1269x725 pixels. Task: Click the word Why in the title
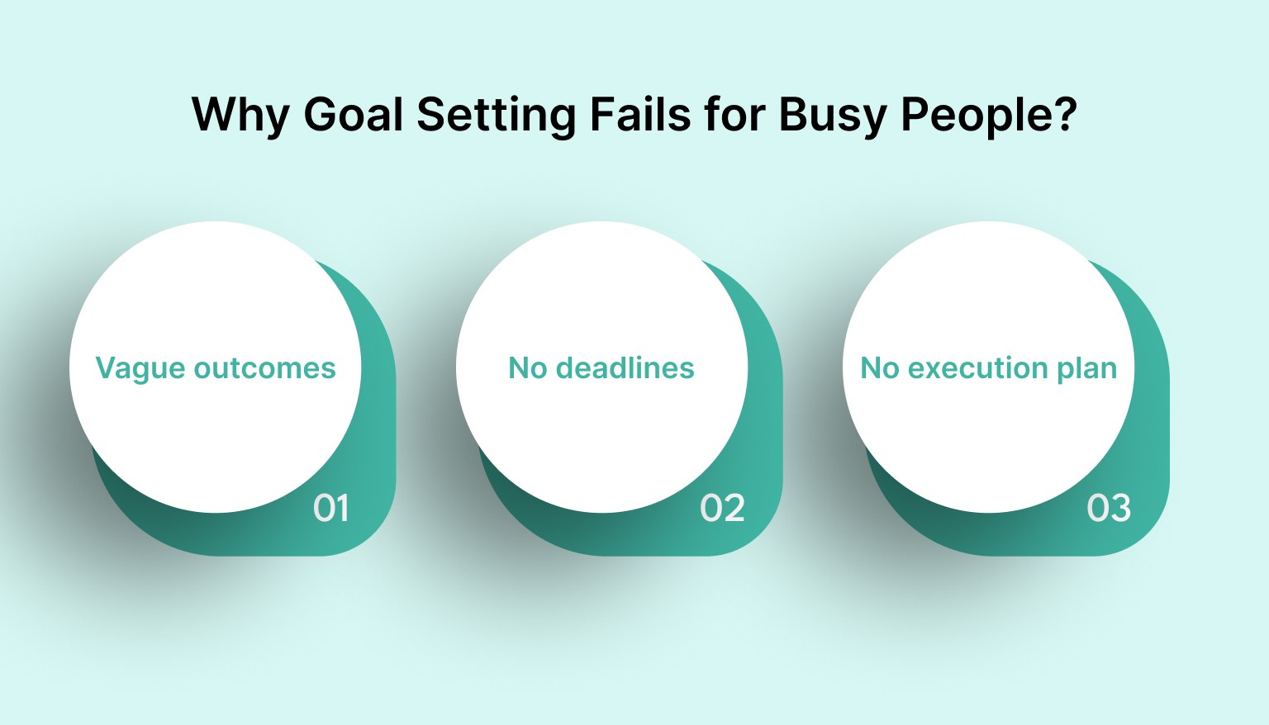coord(240,115)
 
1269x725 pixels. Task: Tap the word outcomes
coord(264,367)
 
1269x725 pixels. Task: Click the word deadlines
coord(625,367)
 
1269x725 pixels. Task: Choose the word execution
coord(966,367)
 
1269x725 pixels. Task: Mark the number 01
coord(330,508)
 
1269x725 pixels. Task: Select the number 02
coord(722,508)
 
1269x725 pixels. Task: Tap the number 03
coord(1109,508)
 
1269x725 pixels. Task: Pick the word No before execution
coord(880,367)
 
